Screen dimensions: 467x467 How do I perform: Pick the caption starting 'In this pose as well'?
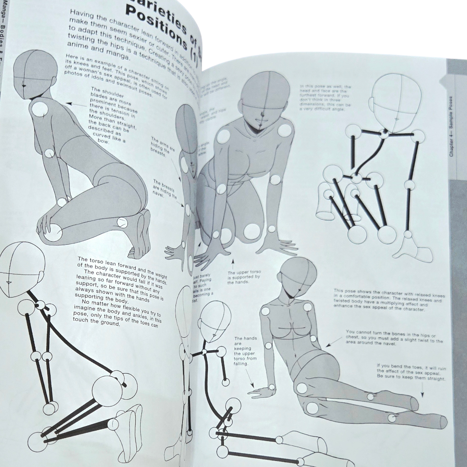pos(326,97)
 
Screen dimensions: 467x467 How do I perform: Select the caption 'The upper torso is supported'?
pos(244,277)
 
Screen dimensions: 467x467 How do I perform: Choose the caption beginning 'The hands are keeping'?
pos(246,351)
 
